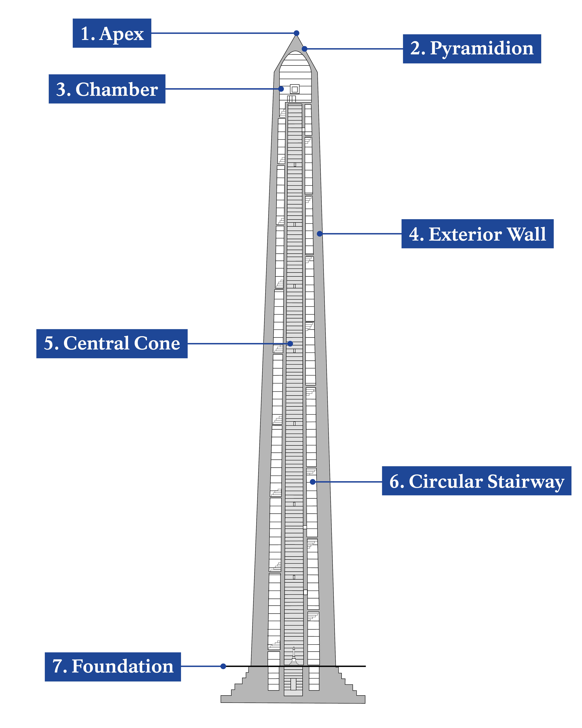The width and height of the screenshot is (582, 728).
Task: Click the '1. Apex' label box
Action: tap(112, 33)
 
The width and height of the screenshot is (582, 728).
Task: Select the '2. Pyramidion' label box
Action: tap(472, 49)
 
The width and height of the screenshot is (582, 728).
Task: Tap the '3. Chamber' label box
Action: tap(107, 89)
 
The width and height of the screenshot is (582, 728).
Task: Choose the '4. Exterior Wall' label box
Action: tap(477, 234)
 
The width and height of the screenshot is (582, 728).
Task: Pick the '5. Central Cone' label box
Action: tap(112, 343)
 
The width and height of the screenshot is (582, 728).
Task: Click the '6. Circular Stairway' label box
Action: tap(476, 481)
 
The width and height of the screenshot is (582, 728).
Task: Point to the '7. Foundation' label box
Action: tap(113, 666)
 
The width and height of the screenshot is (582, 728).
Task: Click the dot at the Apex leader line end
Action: tap(296, 33)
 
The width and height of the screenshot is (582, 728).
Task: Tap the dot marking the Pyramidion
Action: tap(304, 49)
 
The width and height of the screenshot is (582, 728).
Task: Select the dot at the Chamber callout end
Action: tap(281, 89)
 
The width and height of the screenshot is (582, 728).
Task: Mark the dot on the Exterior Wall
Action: tap(320, 234)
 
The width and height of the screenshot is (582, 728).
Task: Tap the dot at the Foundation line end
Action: tap(223, 666)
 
